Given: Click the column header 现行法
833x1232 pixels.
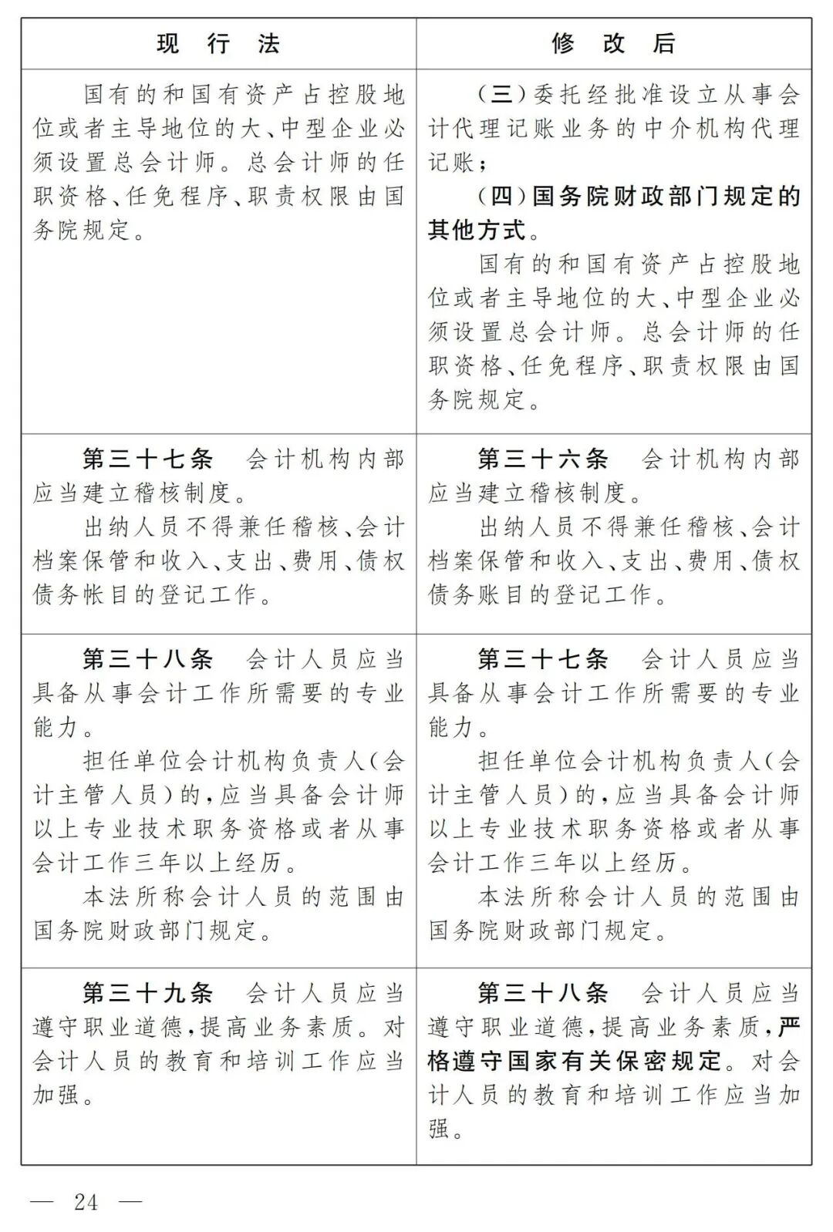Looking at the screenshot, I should tap(218, 44).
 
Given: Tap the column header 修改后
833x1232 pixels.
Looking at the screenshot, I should tap(613, 44).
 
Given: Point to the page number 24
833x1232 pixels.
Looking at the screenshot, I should tap(86, 1202).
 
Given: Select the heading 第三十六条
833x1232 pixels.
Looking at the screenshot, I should tap(543, 459).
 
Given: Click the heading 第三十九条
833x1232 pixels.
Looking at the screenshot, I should tap(148, 993).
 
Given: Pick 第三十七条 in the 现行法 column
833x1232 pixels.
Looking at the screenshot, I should tap(148, 459).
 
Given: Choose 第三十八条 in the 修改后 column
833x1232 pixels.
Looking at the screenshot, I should tap(543, 993).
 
